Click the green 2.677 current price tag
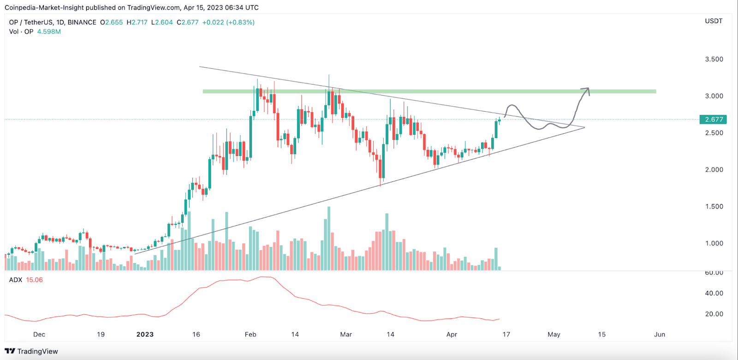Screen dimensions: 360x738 (x=714, y=120)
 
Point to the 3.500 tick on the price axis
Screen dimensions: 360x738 (x=714, y=59)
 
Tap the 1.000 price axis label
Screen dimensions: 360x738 (x=714, y=243)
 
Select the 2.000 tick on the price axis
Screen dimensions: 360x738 (x=714, y=169)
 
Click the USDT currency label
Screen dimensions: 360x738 (x=714, y=21)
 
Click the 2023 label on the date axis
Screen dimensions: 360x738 (x=145, y=334)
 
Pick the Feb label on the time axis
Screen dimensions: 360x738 (x=250, y=334)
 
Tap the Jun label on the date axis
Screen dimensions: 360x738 (x=660, y=334)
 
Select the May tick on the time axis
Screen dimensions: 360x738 (x=553, y=334)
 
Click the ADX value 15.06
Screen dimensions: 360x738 (x=34, y=280)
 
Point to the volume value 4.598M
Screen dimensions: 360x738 (x=49, y=31)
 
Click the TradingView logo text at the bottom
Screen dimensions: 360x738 (x=37, y=351)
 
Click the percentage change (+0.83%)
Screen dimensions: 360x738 (x=240, y=22)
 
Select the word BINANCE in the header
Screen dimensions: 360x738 (x=82, y=22)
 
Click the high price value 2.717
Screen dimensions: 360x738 (x=140, y=22)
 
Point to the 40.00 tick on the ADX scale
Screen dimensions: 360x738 (x=714, y=293)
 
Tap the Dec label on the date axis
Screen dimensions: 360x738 (x=39, y=334)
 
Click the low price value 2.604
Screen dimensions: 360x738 (x=164, y=22)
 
